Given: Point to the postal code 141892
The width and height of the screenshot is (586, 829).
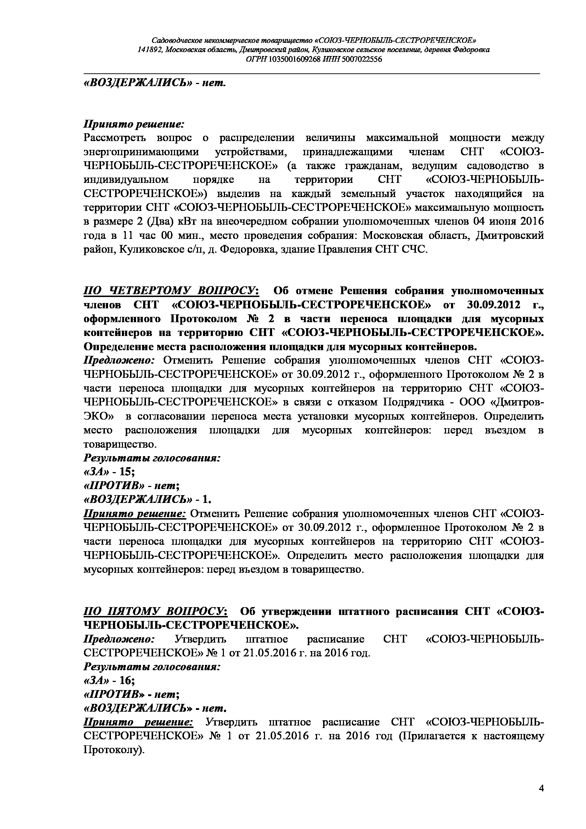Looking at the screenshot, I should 150,50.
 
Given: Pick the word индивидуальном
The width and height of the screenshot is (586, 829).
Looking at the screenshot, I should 126,180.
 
